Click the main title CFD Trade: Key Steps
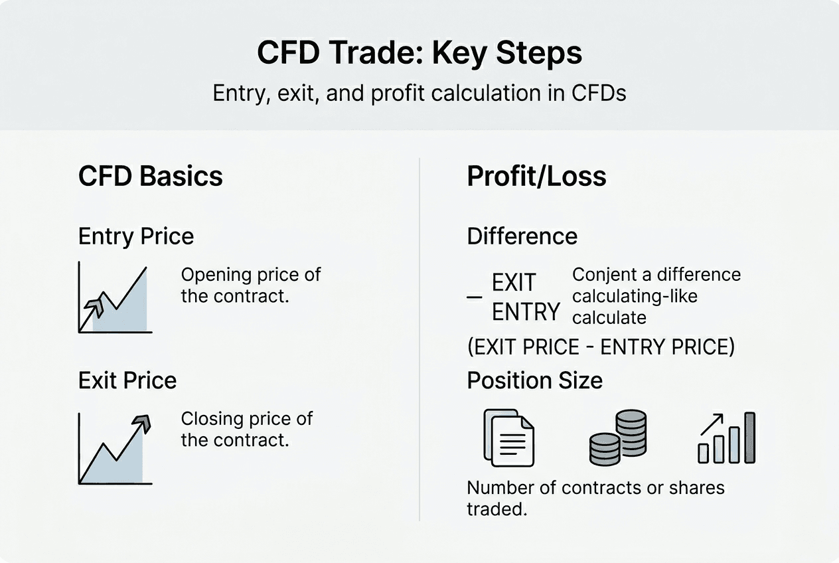tap(419, 53)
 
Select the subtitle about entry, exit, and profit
tap(419, 93)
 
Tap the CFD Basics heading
tap(151, 177)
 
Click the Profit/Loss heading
tap(536, 177)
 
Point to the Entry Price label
tap(136, 236)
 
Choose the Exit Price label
tap(127, 380)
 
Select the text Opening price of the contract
tap(251, 285)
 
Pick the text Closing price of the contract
tap(247, 429)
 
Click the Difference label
tap(522, 236)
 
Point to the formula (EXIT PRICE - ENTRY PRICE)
tap(601, 347)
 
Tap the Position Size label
tap(534, 380)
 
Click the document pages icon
tap(508, 438)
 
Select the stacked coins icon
tap(617, 438)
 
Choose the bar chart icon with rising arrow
tap(726, 438)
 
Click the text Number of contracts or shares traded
tap(595, 498)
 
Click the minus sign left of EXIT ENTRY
tap(474, 297)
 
